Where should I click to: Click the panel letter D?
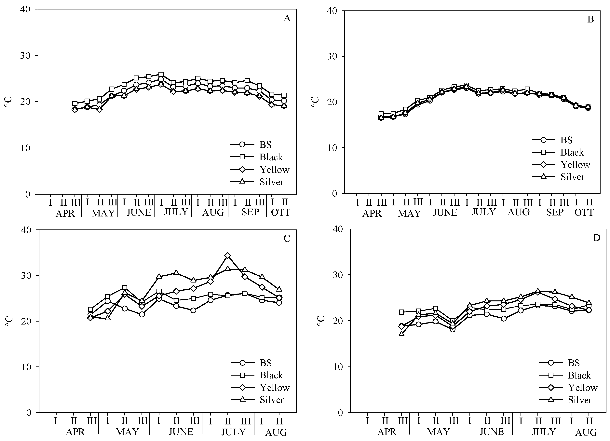tap(597, 238)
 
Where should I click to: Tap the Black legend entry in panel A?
tap(271, 157)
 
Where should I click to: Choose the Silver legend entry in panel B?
tap(572, 177)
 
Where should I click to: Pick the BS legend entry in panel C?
tap(265, 363)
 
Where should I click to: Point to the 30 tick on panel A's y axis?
tap(26, 55)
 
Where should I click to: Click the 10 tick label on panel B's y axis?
tap(333, 148)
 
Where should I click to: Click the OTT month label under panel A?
tap(280, 213)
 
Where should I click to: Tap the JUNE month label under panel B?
tap(445, 213)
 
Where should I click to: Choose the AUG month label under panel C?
tap(276, 432)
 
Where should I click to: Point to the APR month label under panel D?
tap(387, 432)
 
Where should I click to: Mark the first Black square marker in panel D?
tap(401, 312)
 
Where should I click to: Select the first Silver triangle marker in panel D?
tap(401, 334)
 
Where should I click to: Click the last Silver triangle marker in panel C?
tap(279, 289)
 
